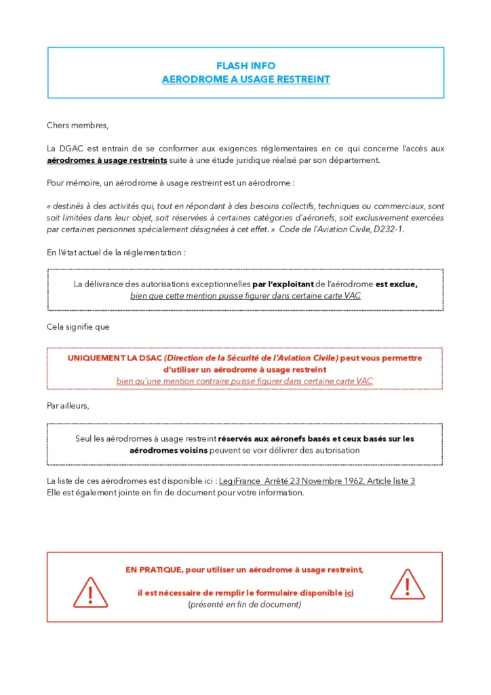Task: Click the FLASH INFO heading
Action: point(245,66)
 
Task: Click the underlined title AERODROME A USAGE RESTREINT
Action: point(245,79)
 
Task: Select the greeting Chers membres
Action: point(77,125)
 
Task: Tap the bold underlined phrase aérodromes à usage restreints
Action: point(106,160)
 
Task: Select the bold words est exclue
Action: point(397,284)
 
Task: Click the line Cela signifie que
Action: point(78,326)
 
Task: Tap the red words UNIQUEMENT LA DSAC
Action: point(115,358)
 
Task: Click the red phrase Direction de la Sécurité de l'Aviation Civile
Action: point(250,358)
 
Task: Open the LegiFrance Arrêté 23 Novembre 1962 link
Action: point(317,481)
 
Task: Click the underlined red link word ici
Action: point(349,593)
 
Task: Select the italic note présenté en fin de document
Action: point(244,604)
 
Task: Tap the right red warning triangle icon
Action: point(407,584)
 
